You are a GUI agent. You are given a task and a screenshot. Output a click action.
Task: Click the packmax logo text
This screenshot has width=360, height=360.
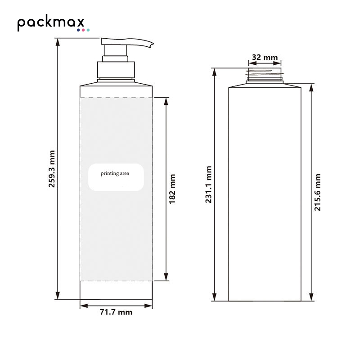pyautogui.click(x=51, y=22)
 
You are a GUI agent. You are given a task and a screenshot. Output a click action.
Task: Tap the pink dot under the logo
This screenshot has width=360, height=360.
pyautogui.click(x=83, y=30)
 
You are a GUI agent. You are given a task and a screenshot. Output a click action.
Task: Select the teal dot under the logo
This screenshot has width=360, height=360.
pyautogui.click(x=88, y=30)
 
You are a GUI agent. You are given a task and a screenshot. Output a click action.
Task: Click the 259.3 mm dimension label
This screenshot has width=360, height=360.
pyautogui.click(x=52, y=169)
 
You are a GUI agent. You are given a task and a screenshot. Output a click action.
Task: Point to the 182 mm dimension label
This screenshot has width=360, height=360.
pyautogui.click(x=172, y=189)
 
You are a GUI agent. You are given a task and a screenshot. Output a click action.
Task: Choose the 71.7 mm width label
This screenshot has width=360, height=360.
pyautogui.click(x=116, y=312)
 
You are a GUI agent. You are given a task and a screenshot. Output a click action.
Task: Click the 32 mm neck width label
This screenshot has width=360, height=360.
pyautogui.click(x=265, y=57)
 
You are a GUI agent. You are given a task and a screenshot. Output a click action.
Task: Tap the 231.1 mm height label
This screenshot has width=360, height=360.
pyautogui.click(x=208, y=184)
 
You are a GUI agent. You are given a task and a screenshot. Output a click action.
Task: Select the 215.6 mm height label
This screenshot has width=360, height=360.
pyautogui.click(x=317, y=193)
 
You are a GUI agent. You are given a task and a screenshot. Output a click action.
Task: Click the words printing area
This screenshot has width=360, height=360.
pyautogui.click(x=115, y=174)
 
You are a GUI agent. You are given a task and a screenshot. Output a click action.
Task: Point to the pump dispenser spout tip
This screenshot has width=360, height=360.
pyautogui.click(x=152, y=45)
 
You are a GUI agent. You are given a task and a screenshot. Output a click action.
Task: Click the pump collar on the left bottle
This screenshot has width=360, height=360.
pyautogui.click(x=116, y=70)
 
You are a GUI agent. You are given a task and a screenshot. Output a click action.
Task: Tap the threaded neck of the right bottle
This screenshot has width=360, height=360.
pyautogui.click(x=265, y=74)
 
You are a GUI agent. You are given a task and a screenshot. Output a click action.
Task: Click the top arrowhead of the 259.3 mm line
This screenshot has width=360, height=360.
pyautogui.click(x=58, y=42)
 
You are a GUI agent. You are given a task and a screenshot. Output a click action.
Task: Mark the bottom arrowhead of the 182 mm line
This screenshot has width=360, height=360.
pyautogui.click(x=166, y=277)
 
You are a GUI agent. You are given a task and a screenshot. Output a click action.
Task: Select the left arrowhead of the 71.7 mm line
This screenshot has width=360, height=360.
pyautogui.click(x=84, y=306)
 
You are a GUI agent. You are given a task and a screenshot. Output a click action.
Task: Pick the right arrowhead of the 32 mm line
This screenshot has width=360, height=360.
pyautogui.click(x=277, y=63)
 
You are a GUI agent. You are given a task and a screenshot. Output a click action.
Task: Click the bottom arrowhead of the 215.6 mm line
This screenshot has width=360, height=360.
pyautogui.click(x=311, y=297)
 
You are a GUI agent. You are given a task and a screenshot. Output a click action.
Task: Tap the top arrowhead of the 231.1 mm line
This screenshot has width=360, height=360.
pyautogui.click(x=215, y=72)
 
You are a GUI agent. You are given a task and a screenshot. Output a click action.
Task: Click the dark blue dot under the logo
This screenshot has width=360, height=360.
pyautogui.click(x=78, y=30)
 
